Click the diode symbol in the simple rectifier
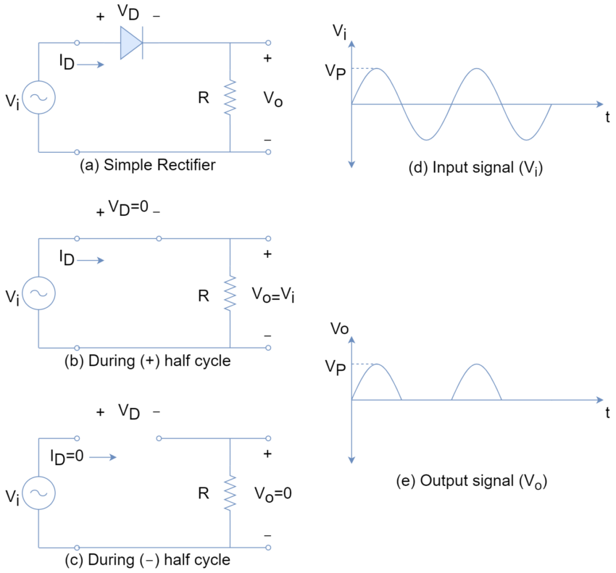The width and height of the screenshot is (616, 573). [131, 43]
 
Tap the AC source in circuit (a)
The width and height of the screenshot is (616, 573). [38, 97]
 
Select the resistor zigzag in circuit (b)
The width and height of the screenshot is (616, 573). [230, 293]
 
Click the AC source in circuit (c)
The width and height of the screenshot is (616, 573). [38, 493]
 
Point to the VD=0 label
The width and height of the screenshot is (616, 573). [128, 207]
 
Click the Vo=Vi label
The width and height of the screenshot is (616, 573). [273, 295]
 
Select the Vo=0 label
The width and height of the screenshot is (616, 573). [273, 493]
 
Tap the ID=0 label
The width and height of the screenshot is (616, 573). [67, 457]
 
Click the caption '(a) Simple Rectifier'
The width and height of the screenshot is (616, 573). [148, 165]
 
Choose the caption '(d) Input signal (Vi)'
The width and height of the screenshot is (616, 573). [475, 167]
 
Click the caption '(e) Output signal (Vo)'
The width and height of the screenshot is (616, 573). [472, 481]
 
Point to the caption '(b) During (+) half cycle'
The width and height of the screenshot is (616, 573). [148, 361]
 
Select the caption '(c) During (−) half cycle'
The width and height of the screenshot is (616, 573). [148, 560]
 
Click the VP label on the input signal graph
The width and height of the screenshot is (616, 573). [335, 72]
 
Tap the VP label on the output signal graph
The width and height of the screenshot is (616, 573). [335, 367]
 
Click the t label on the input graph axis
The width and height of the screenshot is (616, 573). [607, 117]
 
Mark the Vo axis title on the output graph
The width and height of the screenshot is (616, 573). [339, 329]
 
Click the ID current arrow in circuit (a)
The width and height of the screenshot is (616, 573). [91, 64]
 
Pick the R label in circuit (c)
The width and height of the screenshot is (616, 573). [204, 493]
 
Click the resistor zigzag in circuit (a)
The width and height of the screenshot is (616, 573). [230, 97]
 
